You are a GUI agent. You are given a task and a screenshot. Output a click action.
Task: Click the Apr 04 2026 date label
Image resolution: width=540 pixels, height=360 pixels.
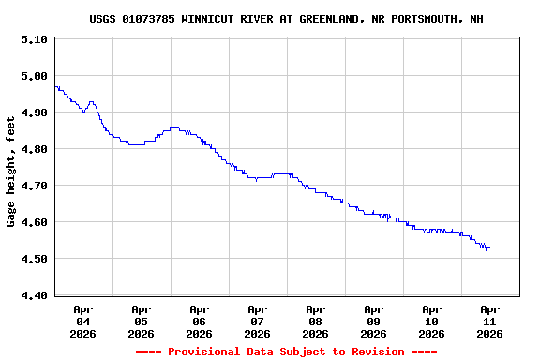pyautogui.click(x=82, y=321)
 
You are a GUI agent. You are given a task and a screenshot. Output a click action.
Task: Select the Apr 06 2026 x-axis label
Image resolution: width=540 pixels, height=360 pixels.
pyautogui.click(x=199, y=321)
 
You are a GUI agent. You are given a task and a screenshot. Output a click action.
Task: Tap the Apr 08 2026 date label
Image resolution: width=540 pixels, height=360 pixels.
pyautogui.click(x=315, y=321)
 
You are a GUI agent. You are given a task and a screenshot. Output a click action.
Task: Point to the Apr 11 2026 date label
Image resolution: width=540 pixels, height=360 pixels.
pyautogui.click(x=489, y=321)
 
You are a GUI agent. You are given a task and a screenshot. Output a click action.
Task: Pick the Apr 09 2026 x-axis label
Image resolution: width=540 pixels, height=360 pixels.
pyautogui.click(x=373, y=321)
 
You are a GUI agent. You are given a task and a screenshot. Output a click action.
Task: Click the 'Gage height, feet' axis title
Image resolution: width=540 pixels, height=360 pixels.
pyautogui.click(x=11, y=172)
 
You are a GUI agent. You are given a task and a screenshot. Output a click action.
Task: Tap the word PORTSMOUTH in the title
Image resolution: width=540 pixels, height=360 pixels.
pyautogui.click(x=423, y=19)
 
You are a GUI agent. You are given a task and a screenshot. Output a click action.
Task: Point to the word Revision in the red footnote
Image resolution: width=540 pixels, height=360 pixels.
pyautogui.click(x=376, y=352)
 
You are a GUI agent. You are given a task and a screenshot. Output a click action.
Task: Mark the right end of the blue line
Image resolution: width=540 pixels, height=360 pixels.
pyautogui.click(x=489, y=247)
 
